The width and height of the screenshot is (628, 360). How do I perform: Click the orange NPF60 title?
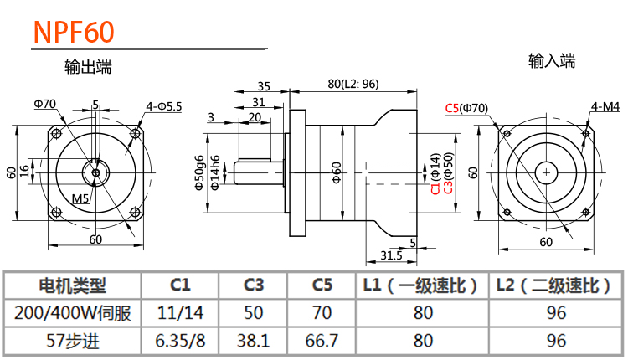pos(74,32)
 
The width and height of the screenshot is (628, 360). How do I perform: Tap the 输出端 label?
pos(88,66)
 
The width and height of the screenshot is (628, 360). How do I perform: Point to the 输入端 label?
pos(552,61)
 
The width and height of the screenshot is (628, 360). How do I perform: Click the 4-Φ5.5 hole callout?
pos(164,106)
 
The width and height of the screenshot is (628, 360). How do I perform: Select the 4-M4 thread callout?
pos(605,106)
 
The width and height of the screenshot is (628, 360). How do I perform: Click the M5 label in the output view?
pos(80,198)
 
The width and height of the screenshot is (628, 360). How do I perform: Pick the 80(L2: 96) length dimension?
pos(353,84)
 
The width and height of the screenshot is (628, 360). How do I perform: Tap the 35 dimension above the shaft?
pos(264,86)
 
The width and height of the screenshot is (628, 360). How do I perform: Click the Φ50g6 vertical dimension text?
pos(199,172)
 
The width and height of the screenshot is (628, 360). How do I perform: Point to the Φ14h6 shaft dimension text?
pos(215,172)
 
